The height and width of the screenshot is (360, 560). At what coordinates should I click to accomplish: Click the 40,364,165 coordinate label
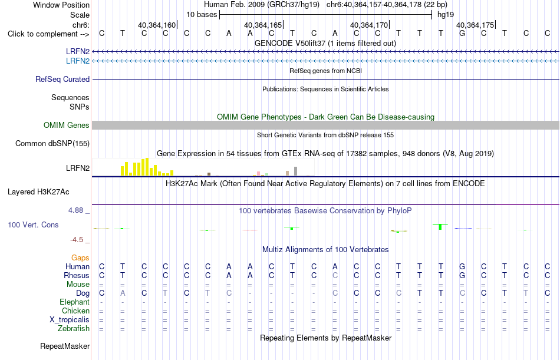point(263,25)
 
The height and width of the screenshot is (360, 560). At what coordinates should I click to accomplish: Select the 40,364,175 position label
point(475,25)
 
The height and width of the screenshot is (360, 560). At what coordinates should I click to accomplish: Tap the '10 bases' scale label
point(202,15)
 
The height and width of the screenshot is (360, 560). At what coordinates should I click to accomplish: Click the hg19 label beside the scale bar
point(446,15)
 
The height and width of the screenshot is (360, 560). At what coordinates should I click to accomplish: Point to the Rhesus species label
point(77,275)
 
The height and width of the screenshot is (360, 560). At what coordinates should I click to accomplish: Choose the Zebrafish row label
point(74,328)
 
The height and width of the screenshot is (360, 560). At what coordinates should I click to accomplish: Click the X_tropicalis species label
point(70,320)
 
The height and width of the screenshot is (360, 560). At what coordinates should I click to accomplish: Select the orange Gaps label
point(80,258)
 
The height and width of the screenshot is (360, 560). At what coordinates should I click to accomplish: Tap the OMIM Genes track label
point(67,125)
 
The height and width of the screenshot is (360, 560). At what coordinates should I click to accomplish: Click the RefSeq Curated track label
point(62,80)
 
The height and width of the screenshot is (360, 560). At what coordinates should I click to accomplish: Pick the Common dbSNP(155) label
point(52,144)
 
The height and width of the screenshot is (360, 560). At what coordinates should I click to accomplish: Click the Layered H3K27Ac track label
point(38,192)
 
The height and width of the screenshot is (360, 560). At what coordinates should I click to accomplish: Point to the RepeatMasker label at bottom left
point(65,346)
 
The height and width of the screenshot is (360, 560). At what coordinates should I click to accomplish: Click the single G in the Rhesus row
point(462,275)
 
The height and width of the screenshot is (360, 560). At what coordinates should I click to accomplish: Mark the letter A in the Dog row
point(123,293)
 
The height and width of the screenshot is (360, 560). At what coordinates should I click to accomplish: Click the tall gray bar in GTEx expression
point(296,171)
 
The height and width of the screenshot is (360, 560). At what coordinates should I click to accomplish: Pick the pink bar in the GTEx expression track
point(258,174)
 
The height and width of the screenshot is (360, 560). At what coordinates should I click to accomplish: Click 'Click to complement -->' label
point(48,34)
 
